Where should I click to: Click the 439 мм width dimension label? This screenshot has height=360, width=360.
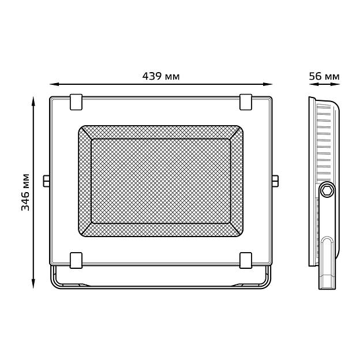coord(160,76)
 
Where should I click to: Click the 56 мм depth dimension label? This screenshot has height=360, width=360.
coord(324,76)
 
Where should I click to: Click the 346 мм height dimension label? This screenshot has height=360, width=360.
coord(26,192)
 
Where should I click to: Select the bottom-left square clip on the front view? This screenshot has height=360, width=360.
coord(76,260)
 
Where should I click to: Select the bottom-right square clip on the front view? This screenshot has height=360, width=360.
coord(246,260)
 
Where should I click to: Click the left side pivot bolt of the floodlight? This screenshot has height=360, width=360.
coord(46,181)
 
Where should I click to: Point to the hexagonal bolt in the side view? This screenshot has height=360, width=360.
coord(328,190)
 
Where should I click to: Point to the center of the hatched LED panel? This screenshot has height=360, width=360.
coord(160,181)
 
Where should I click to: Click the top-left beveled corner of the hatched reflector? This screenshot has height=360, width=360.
coord(85,132)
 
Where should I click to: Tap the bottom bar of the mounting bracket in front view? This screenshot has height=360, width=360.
coord(160,287)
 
